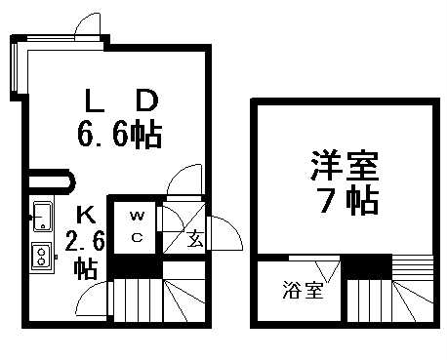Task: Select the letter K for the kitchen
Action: click(85, 214)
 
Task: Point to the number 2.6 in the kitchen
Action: click(85, 240)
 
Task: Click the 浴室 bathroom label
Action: click(296, 290)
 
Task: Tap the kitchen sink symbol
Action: click(42, 215)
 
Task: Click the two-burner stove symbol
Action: click(42, 256)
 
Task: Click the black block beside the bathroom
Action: click(367, 266)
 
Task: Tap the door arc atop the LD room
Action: click(86, 27)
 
